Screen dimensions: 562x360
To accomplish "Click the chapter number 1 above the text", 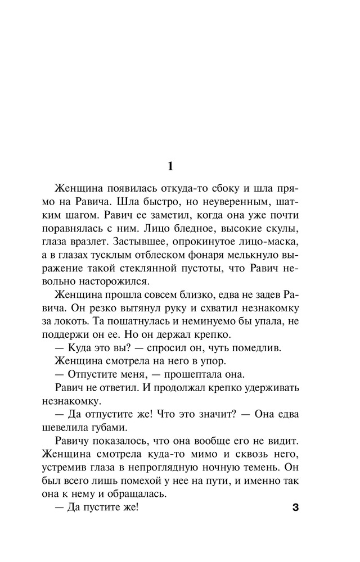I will tap(171, 166).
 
